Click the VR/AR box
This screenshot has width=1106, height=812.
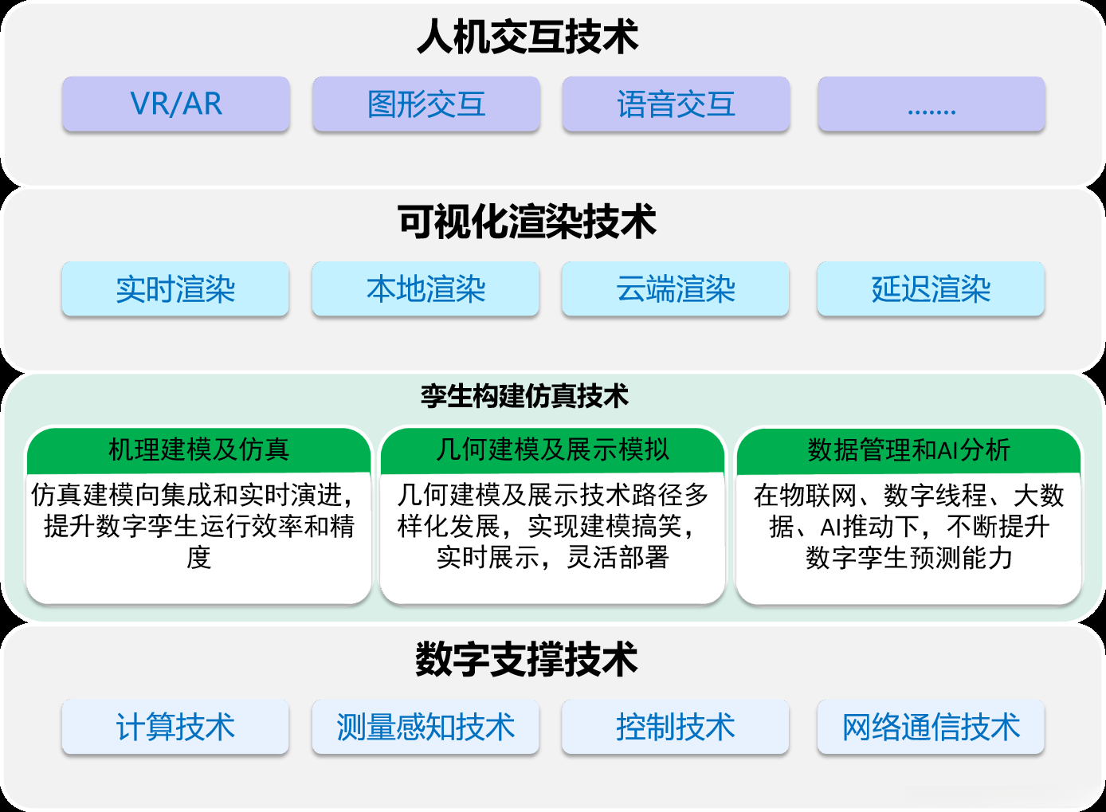click(176, 104)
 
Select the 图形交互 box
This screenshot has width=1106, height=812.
click(426, 104)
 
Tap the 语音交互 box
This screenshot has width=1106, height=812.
click(676, 104)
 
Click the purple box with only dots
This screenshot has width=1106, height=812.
click(931, 104)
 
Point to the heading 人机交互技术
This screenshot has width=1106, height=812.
click(528, 37)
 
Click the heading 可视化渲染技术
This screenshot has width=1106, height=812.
click(528, 222)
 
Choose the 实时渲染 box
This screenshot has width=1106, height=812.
click(175, 289)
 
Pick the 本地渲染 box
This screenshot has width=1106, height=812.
click(426, 289)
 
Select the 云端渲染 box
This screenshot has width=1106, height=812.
click(675, 289)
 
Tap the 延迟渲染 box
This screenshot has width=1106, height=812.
click(931, 289)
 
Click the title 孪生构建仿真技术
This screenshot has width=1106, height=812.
click(525, 395)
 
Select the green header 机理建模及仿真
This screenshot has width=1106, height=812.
click(198, 450)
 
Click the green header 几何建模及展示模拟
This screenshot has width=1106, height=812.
click(552, 450)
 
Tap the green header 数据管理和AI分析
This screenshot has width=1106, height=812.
click(908, 450)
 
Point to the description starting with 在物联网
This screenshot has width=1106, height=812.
click(908, 526)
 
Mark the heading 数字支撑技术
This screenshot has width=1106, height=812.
click(527, 660)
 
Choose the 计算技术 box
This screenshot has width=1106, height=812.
click(175, 727)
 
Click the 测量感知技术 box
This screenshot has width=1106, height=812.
click(426, 727)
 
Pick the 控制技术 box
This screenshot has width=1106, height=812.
click(675, 727)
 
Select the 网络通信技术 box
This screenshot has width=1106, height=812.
click(931, 727)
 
